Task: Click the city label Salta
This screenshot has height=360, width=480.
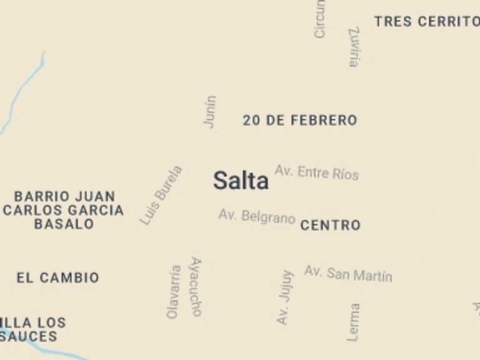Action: [241, 181]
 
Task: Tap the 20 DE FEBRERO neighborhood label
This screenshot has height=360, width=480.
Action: [300, 121]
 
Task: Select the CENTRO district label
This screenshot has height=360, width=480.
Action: [331, 226]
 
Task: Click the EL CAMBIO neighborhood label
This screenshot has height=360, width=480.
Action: [57, 278]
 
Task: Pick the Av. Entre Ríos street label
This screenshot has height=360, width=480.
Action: [317, 172]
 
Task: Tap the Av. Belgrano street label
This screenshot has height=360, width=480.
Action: [257, 217]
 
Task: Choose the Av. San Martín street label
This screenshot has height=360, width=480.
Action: [348, 274]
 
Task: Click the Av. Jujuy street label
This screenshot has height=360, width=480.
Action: [285, 297]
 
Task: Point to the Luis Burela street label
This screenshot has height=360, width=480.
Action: [161, 195]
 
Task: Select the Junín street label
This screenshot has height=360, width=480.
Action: [210, 112]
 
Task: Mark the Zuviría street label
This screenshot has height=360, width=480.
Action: [354, 47]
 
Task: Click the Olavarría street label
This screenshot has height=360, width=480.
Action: [174, 292]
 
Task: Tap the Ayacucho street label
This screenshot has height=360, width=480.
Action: [196, 287]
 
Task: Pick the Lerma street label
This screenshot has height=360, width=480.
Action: [354, 322]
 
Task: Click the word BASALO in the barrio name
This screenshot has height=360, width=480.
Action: [64, 224]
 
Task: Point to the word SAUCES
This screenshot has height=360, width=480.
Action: [29, 337]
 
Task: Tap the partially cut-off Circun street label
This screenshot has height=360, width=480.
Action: [319, 19]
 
